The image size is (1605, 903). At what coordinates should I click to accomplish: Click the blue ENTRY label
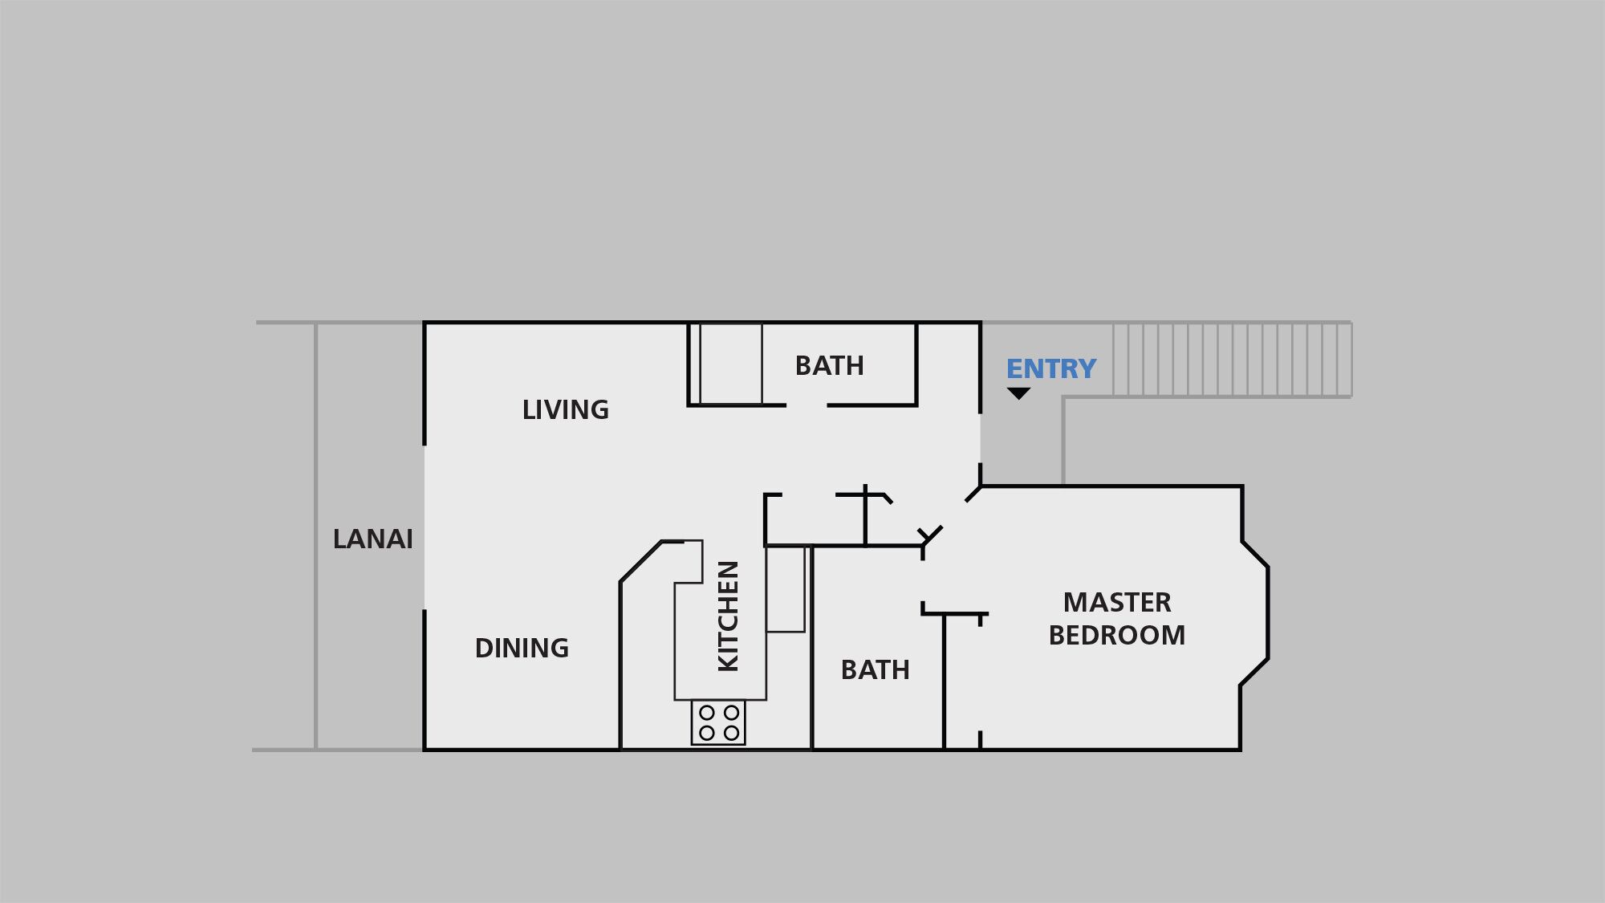(x=1050, y=368)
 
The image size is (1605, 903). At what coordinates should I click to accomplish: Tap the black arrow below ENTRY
(x=1018, y=393)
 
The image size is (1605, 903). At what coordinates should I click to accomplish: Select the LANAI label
(x=372, y=539)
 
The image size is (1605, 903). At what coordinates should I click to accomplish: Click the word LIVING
(x=565, y=410)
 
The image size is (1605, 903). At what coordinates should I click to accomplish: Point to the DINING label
(x=522, y=648)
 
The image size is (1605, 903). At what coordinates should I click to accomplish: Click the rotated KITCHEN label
(x=727, y=616)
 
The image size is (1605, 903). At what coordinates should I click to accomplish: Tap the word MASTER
(x=1116, y=602)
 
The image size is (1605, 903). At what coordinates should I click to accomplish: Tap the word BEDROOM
(x=1116, y=635)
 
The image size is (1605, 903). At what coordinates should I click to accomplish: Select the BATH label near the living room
(x=829, y=366)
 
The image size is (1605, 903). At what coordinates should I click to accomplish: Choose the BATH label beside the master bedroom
(x=875, y=669)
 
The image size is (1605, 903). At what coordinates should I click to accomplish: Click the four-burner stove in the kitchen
(x=718, y=722)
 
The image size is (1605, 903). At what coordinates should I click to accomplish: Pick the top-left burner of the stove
(x=707, y=713)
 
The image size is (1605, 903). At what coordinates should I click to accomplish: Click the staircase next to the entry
(x=1231, y=360)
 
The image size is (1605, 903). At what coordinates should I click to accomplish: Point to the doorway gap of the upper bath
(x=807, y=405)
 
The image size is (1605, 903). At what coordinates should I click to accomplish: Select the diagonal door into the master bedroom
(x=931, y=535)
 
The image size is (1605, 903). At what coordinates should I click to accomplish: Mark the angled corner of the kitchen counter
(x=640, y=560)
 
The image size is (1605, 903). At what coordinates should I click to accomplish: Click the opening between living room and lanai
(x=425, y=527)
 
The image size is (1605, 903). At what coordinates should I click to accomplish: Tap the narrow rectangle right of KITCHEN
(x=785, y=589)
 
